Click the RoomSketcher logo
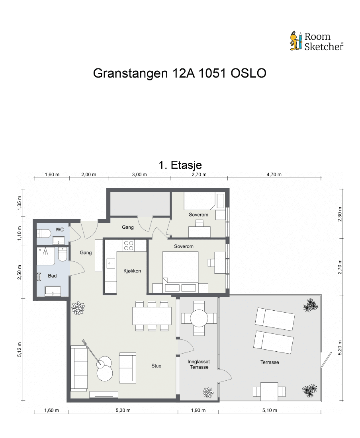pos(316,41)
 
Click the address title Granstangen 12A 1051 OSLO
pos(180,73)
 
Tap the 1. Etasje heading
pos(180,165)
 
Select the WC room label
pos(60,230)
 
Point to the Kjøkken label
pos(132,271)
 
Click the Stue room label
pos(157,366)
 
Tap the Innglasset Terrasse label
pos(199,364)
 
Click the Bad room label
pos(52,276)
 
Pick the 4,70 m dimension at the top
pos(274,175)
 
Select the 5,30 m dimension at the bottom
pos(123,410)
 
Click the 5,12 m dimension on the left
pos(19,349)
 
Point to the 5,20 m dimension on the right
pos(340,348)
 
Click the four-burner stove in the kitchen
pos(129,246)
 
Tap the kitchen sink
pos(111,263)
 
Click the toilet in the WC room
pos(44,233)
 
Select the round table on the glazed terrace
pos(199,318)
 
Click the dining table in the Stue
pos(152,316)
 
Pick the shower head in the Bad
pos(45,251)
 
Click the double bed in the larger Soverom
pos(180,268)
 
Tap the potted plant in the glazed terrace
pos(208,393)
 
